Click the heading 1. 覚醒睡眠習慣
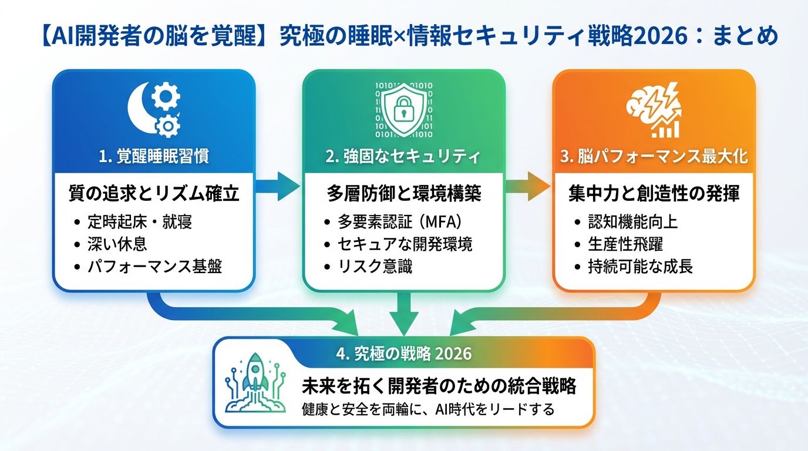tap(154, 157)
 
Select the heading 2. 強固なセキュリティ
tap(403, 157)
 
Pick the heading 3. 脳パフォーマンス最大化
tap(654, 157)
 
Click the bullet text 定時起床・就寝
tap(140, 221)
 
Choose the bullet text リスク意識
tap(375, 266)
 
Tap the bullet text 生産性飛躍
tap(626, 244)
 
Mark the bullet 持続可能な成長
tap(641, 266)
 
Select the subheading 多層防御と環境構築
tap(403, 194)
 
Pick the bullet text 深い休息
tap(118, 244)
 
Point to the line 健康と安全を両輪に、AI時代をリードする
tap(428, 409)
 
